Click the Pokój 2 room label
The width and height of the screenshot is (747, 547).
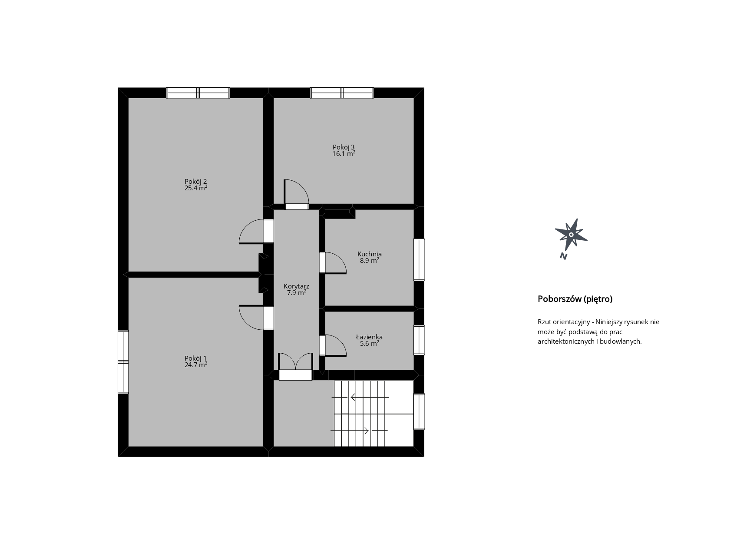[x=195, y=182]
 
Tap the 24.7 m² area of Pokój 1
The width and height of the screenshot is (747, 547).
[x=195, y=365]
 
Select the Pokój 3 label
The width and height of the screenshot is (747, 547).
[x=344, y=147]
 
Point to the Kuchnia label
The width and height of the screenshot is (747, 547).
[x=370, y=254]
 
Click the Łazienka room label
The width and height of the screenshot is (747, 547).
[x=369, y=337]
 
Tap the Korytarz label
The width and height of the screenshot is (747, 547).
[x=296, y=286]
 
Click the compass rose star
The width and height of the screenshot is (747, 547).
[x=571, y=235]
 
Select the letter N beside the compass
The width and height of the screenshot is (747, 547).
[x=563, y=256]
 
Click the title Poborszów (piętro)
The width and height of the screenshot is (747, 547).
[x=575, y=299]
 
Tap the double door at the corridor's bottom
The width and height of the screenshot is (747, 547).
[x=295, y=367]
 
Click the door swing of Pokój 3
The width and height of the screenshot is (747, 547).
[x=296, y=195]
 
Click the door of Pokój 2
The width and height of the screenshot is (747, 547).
[x=256, y=232]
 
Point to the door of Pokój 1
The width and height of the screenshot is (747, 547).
[x=256, y=318]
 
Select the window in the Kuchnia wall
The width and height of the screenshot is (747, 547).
[x=419, y=260]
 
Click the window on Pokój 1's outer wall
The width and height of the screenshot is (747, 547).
[x=123, y=362]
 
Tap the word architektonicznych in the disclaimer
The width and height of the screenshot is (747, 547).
[x=566, y=341]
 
